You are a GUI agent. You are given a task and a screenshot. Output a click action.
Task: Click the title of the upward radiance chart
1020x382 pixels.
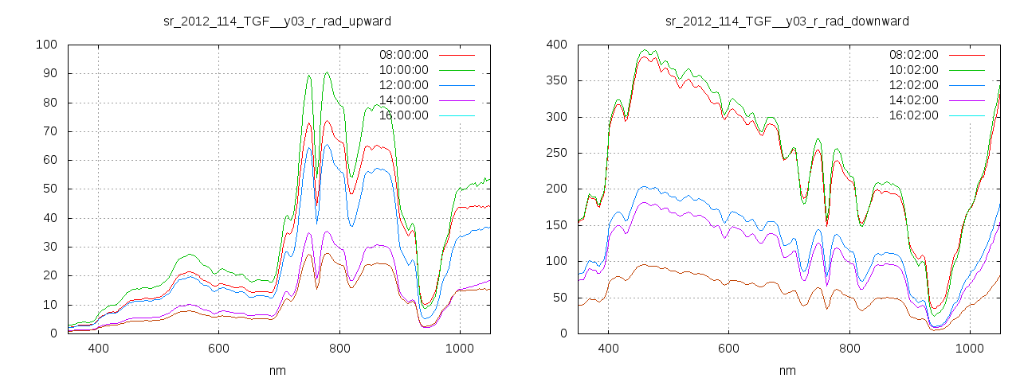tap(277, 21)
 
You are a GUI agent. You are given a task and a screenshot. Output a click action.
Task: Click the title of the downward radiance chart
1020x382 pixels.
tap(787, 21)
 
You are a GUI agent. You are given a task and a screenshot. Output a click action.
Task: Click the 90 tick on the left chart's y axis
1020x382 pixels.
tap(49, 73)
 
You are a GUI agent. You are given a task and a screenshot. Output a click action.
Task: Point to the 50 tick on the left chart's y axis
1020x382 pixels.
tap(49, 189)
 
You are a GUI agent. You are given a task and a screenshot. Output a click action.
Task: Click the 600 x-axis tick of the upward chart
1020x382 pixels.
tap(218, 348)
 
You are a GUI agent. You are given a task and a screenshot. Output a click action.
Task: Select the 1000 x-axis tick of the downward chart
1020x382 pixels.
tap(969, 348)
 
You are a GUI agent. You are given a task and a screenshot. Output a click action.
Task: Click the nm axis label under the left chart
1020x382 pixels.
tap(277, 370)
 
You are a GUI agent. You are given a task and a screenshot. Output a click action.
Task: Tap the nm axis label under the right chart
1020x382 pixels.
tap(787, 370)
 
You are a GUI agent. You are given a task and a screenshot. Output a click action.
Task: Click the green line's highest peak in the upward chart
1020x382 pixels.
tap(327, 72)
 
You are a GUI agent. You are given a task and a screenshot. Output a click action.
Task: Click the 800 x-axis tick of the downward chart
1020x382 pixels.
tap(849, 348)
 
